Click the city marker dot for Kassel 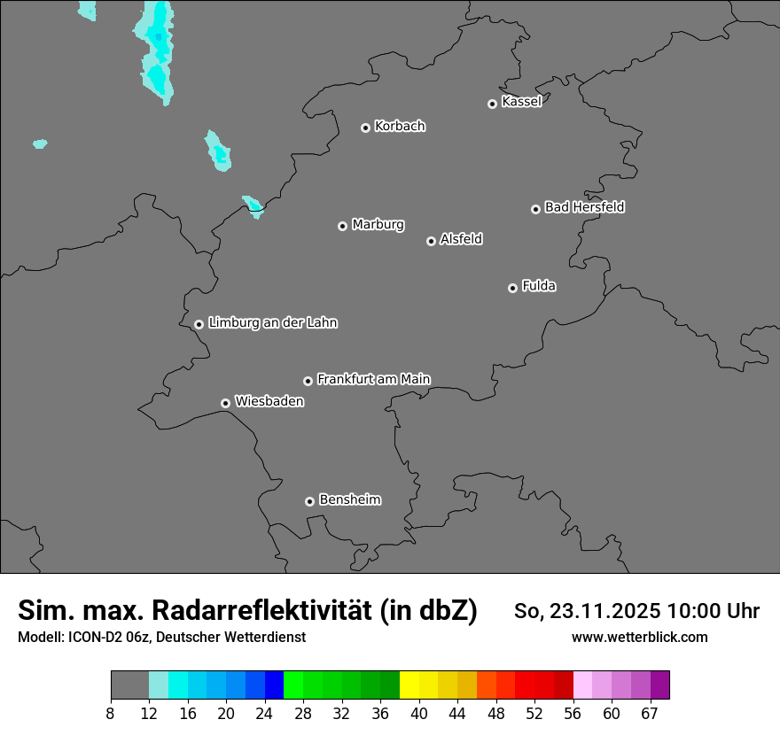tap(492, 104)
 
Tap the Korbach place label tap(400, 127)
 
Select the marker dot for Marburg tap(342, 226)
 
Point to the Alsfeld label tap(461, 239)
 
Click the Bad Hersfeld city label tap(584, 207)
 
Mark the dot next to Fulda tap(512, 288)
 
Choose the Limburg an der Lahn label tap(272, 323)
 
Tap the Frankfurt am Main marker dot tap(308, 381)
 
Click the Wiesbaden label tap(269, 401)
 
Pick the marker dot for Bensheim tap(309, 501)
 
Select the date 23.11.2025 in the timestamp tap(604, 611)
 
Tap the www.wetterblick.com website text tap(639, 637)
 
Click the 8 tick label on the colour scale tap(110, 713)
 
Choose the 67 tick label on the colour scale tap(650, 713)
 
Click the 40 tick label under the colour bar tap(418, 713)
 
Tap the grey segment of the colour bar tap(129, 685)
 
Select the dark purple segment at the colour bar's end tap(659, 685)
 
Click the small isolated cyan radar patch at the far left tap(40, 143)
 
